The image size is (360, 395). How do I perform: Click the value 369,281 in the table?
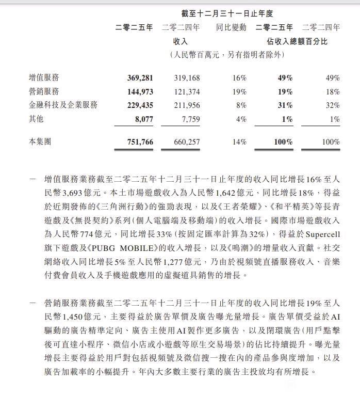coord(140,78)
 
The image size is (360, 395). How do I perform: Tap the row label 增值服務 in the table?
coord(44,78)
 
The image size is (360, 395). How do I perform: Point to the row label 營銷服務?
coord(44,91)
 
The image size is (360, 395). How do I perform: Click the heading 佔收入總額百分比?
coord(297,41)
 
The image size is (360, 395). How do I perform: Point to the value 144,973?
coord(140,91)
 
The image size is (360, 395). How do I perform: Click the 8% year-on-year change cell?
coord(240,105)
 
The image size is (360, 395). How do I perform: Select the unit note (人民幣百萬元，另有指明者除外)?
coord(227,55)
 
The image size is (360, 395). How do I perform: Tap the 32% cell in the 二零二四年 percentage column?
coord(333,105)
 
